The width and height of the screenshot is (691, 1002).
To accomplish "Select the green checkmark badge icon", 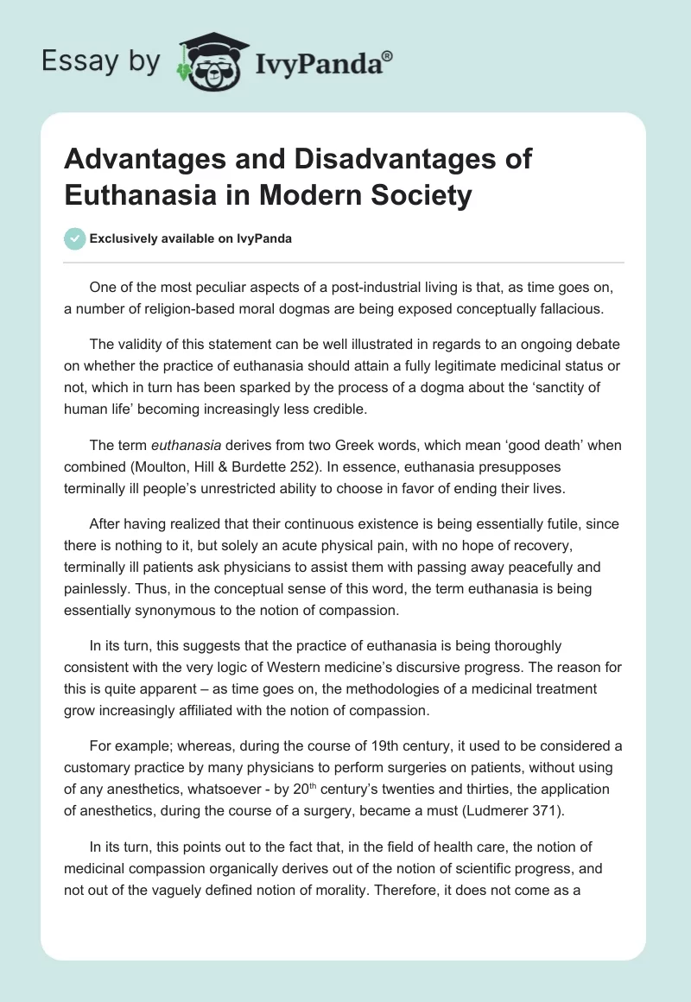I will pyautogui.click(x=74, y=238).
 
